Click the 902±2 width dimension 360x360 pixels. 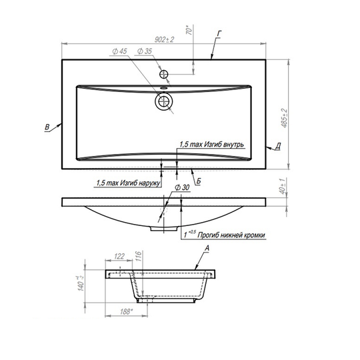[x=165, y=39]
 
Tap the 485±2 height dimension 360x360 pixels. [x=284, y=118]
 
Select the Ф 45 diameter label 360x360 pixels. [x=119, y=51]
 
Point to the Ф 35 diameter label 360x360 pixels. [x=145, y=51]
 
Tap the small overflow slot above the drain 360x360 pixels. [x=164, y=87]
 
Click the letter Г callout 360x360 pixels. [x=219, y=34]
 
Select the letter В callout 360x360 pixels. [x=47, y=127]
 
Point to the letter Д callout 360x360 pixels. [x=278, y=146]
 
